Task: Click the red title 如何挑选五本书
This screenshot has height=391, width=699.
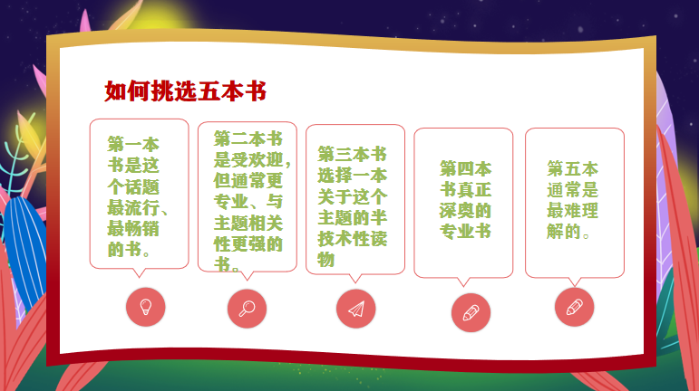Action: pos(185,91)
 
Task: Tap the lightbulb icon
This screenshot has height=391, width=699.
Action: pos(146,307)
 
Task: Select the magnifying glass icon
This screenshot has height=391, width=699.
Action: pos(247,309)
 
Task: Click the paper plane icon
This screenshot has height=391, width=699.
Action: pos(356,310)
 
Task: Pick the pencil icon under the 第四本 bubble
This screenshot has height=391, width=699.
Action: pos(471,313)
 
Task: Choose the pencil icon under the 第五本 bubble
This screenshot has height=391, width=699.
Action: pos(574,307)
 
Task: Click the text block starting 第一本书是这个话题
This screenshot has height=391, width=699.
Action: pos(137,196)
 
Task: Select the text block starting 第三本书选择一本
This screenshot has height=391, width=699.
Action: pos(352,206)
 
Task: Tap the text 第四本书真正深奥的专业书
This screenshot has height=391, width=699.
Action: pos(465,200)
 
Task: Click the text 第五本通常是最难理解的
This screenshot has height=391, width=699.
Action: pos(572,200)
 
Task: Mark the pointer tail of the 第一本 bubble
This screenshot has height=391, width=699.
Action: pos(139,272)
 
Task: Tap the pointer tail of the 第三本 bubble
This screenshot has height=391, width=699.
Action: pos(354,278)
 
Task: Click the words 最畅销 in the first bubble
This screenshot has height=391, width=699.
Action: pos(133,229)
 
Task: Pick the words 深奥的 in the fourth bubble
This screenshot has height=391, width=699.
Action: pos(465,210)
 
